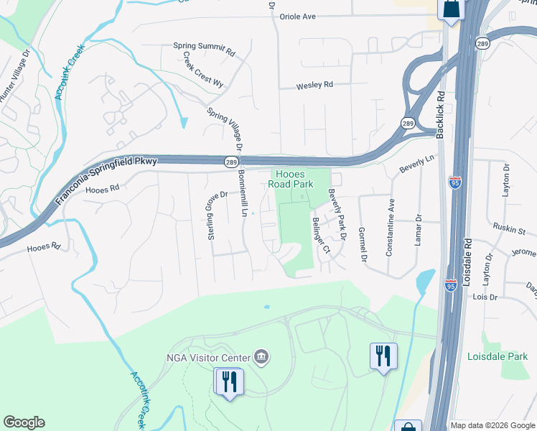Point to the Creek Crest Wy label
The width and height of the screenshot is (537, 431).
[x=202, y=70]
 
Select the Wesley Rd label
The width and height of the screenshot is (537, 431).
[x=315, y=85]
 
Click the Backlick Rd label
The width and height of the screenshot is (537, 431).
[x=440, y=108]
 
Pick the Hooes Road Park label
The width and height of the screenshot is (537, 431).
[x=291, y=179]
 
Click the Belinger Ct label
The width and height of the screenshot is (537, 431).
[x=319, y=236]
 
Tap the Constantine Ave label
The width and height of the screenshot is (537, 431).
[x=390, y=228]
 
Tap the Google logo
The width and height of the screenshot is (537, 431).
[x=24, y=422]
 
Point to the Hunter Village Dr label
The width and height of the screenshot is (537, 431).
[x=14, y=74]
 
